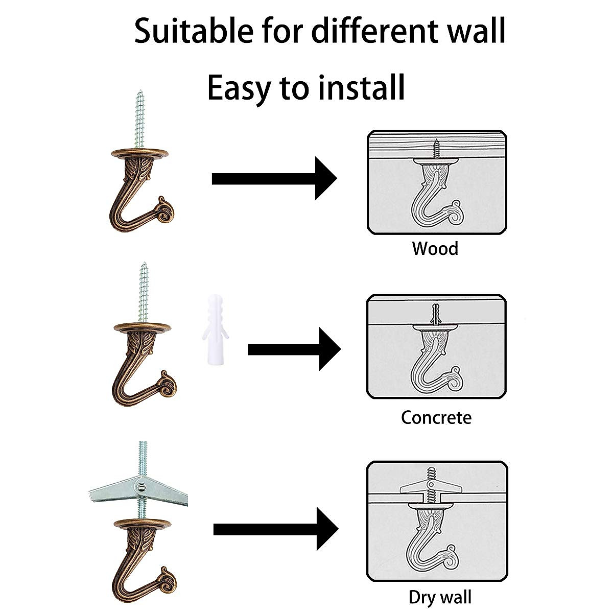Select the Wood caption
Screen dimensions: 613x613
(435, 249)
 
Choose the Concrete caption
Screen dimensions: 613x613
(436, 417)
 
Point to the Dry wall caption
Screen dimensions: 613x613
(440, 597)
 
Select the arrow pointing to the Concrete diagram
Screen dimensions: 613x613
(293, 349)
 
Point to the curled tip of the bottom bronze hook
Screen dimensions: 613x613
(167, 577)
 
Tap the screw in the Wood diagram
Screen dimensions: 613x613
(436, 148)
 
